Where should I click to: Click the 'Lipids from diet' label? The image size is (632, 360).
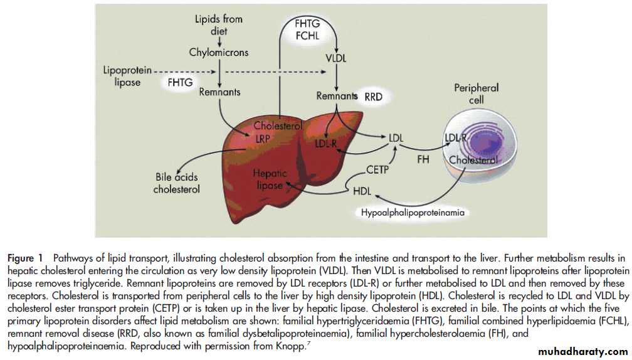click(x=219, y=25)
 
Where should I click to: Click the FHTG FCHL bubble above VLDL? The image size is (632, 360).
click(x=308, y=29)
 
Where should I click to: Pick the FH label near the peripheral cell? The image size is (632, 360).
click(x=423, y=160)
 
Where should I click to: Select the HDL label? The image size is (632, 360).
click(x=362, y=191)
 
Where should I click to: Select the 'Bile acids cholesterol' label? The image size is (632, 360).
click(x=177, y=183)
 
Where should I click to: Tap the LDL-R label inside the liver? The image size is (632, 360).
click(x=328, y=144)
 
